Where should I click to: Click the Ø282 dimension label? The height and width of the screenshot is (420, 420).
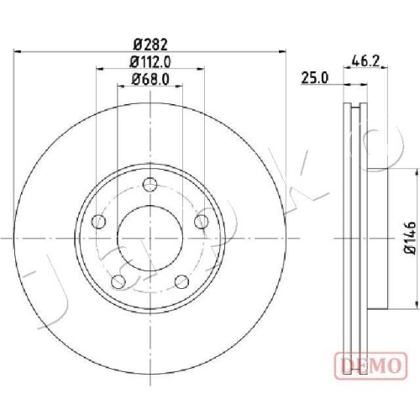coord(150,45)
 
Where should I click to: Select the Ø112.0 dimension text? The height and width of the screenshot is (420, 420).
coord(150,62)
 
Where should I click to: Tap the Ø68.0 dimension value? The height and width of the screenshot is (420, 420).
coord(150,80)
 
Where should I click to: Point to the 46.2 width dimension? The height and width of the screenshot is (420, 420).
coord(365,61)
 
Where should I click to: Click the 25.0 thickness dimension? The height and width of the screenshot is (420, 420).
coord(314,78)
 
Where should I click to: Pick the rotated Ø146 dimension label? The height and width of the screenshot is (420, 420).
coord(411,238)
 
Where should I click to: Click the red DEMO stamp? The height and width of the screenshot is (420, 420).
coord(370,366)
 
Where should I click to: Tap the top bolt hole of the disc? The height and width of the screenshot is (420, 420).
coord(150,185)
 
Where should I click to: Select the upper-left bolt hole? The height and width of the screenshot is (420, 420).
coord(98,222)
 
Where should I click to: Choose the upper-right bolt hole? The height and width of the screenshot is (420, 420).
coord(202,222)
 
